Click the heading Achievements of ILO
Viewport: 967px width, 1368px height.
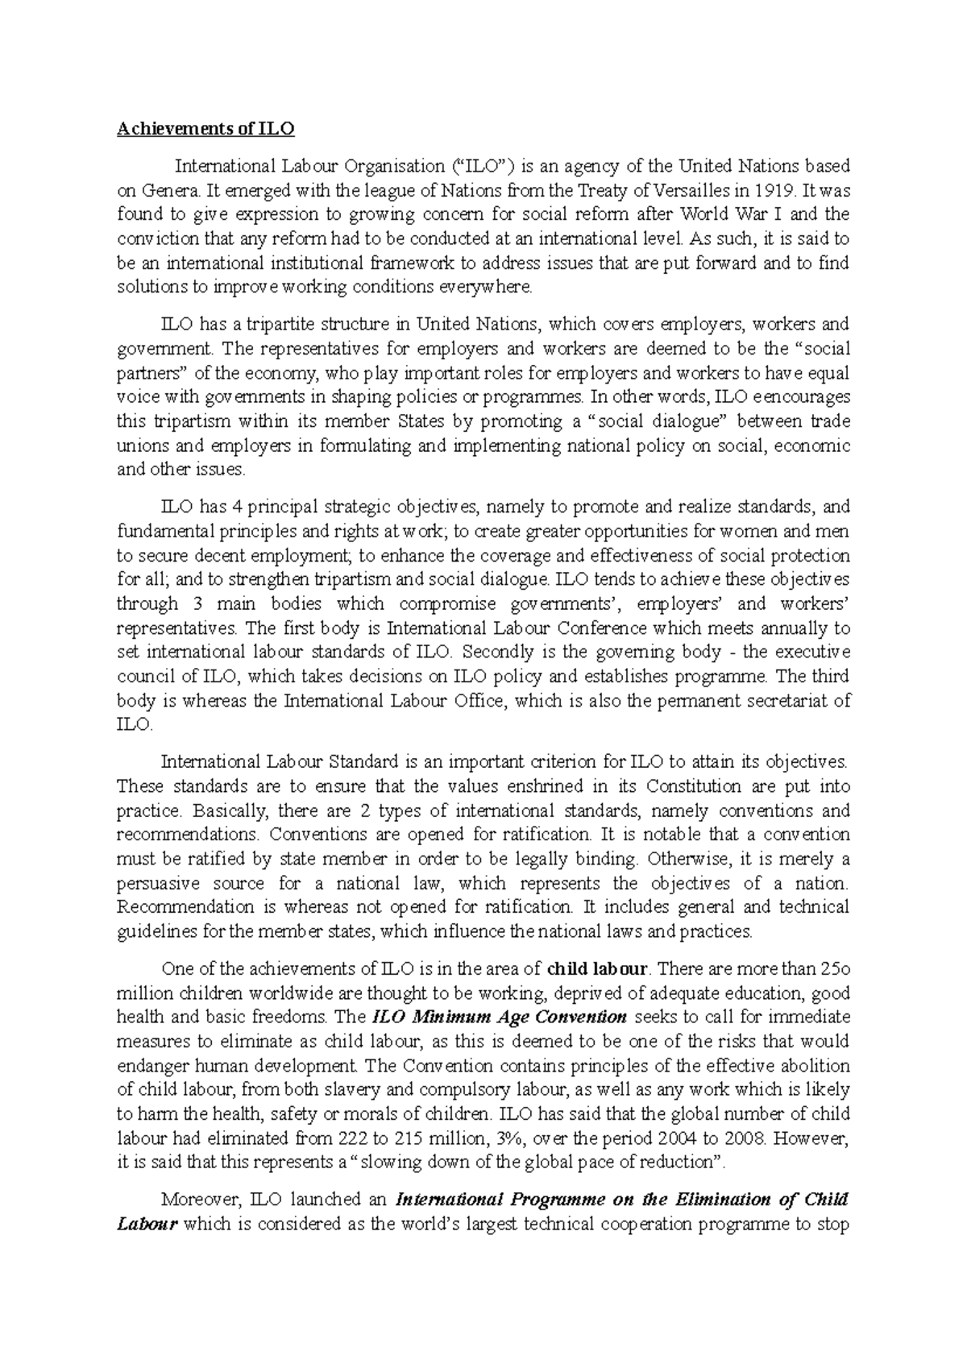click(205, 129)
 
